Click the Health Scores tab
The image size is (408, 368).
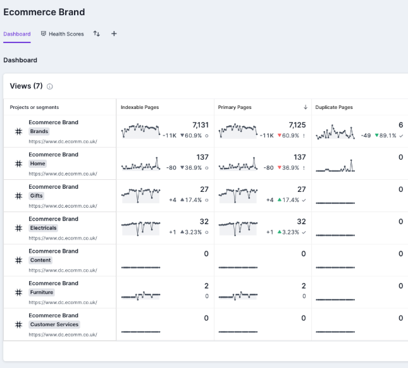tap(62, 34)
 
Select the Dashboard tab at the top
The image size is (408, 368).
tap(16, 34)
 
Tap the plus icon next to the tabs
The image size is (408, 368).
tap(114, 34)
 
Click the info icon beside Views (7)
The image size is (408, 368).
tap(50, 87)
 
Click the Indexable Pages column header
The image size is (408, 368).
tap(140, 108)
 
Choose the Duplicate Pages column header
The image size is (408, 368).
tap(334, 108)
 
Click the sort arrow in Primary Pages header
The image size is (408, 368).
tap(306, 108)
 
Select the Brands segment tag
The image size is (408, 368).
tap(39, 132)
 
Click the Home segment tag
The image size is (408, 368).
tap(38, 164)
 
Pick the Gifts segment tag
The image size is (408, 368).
tap(37, 196)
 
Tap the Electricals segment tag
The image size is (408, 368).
tap(44, 228)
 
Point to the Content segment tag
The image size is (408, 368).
tap(40, 260)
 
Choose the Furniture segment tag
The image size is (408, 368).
tap(42, 293)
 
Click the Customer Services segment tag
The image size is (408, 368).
tap(54, 325)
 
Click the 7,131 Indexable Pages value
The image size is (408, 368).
tap(200, 125)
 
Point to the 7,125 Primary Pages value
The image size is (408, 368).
tap(297, 125)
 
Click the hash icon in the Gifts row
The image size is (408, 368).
tap(18, 196)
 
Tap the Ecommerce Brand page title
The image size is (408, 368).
tap(44, 12)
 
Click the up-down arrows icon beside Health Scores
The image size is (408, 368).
tap(97, 34)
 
